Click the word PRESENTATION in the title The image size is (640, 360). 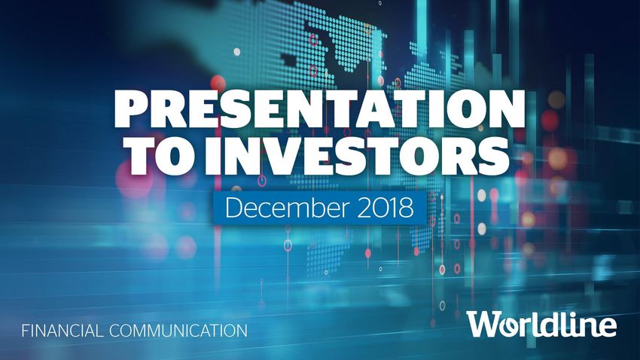pyautogui.click(x=318, y=109)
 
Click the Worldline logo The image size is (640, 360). pyautogui.click(x=542, y=324)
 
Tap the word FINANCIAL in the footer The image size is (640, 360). pyautogui.click(x=62, y=330)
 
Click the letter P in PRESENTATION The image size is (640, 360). pyautogui.click(x=131, y=109)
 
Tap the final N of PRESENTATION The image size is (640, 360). pyautogui.click(x=505, y=109)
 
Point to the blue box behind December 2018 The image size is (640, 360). pyautogui.click(x=319, y=207)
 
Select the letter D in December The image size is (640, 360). pyautogui.click(x=233, y=207)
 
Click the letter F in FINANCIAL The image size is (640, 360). pyautogui.click(x=26, y=330)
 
